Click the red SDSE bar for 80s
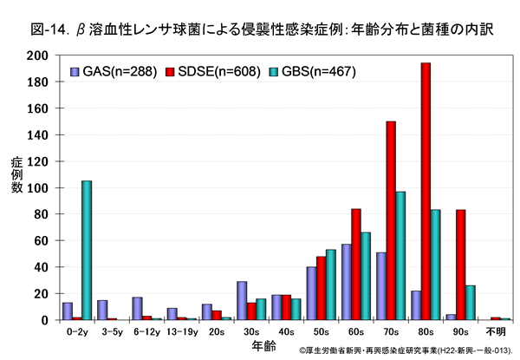pyautogui.click(x=426, y=192)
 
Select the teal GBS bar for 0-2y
pyautogui.click(x=86, y=250)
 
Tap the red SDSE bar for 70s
pyautogui.click(x=391, y=220)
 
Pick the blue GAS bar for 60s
pyautogui.click(x=346, y=282)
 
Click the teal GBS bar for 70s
pyautogui.click(x=401, y=256)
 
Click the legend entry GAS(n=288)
pyautogui.click(x=113, y=70)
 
